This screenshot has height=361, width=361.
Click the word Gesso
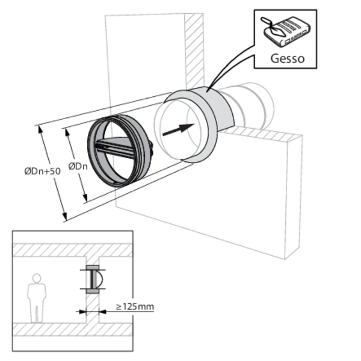tap(286, 59)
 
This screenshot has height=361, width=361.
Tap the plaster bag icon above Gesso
tap(286, 31)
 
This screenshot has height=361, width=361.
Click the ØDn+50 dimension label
tap(42, 171)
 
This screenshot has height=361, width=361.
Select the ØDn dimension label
tap(78, 165)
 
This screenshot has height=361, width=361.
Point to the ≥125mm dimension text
tap(134, 307)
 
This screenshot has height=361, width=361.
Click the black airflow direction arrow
tap(178, 130)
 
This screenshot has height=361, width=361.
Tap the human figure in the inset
tap(37, 298)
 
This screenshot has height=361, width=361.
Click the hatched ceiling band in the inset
tap(72, 250)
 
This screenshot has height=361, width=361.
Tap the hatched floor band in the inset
tap(72, 329)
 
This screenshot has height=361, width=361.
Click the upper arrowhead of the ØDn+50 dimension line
tap(40, 127)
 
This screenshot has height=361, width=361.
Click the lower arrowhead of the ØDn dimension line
tap(86, 200)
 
